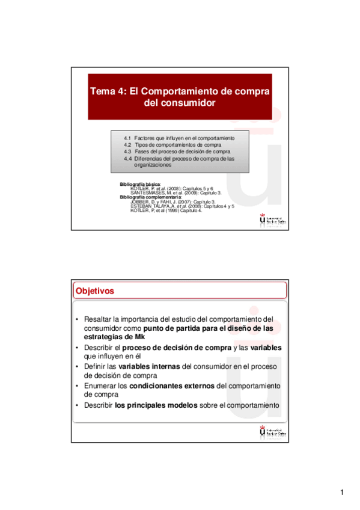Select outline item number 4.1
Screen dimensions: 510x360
(x=127, y=138)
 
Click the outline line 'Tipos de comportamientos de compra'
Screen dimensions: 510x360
(x=178, y=145)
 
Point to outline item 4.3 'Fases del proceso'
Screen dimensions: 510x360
(x=178, y=152)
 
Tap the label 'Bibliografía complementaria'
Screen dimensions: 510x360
(x=151, y=197)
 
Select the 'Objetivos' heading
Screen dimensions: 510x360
(x=94, y=291)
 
